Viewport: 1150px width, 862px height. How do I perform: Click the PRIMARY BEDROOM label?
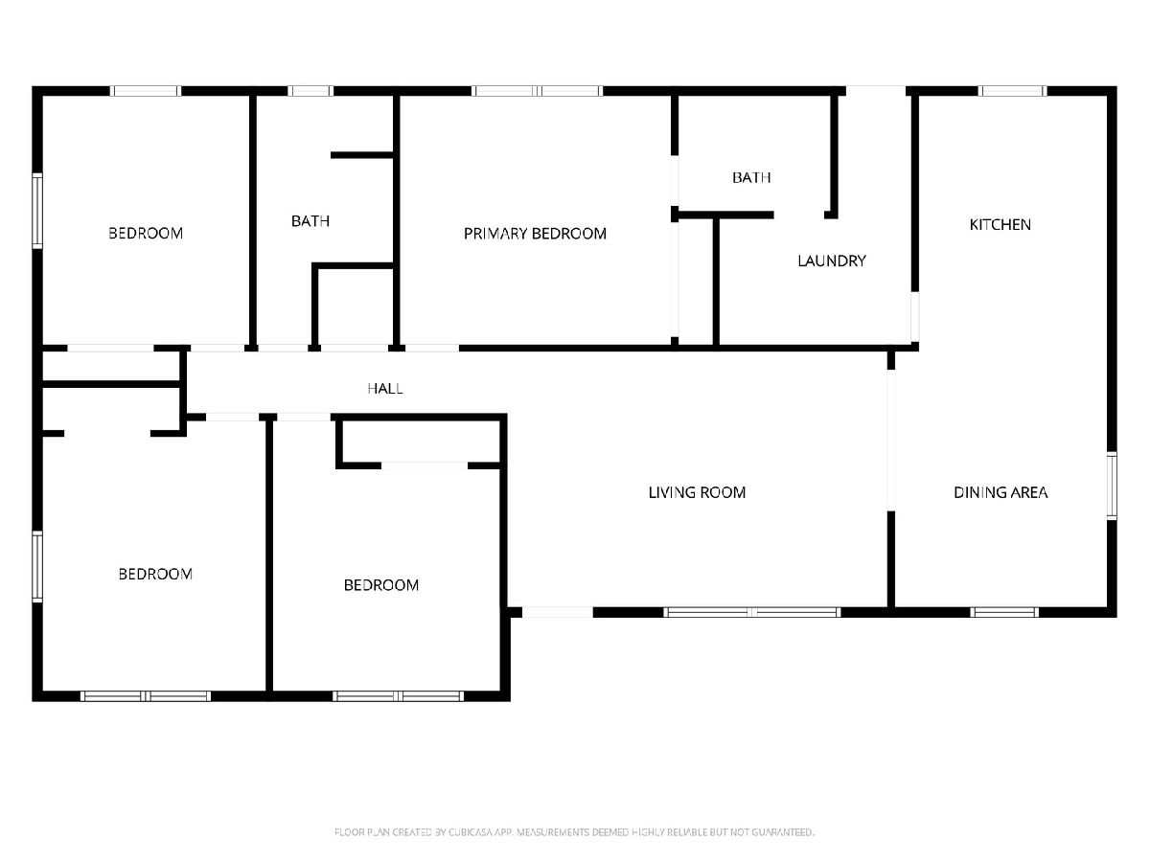(535, 234)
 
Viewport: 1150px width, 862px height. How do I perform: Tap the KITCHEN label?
(1000, 224)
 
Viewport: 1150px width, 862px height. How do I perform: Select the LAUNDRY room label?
(832, 261)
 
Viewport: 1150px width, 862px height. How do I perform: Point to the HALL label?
(385, 388)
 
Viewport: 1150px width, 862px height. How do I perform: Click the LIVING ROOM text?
(697, 492)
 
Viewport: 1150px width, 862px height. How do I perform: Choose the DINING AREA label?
(1000, 492)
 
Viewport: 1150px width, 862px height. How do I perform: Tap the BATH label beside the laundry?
(751, 177)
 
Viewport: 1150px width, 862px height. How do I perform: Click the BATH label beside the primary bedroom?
(310, 221)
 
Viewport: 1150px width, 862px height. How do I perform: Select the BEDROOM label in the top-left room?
(146, 234)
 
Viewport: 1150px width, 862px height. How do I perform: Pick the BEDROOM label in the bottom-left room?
(155, 574)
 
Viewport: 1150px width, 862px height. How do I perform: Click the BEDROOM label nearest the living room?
(381, 585)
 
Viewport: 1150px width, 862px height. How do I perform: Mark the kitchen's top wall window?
(1012, 91)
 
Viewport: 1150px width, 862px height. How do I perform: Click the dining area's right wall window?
(1112, 486)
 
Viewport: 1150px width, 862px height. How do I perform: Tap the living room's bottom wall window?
(752, 612)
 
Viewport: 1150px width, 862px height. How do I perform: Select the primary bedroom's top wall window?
(537, 91)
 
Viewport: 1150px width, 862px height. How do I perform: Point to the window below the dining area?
(1004, 612)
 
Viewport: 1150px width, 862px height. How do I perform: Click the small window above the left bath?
(310, 91)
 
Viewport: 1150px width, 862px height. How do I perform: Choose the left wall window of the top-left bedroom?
(37, 211)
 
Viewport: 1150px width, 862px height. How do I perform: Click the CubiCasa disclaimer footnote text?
(574, 831)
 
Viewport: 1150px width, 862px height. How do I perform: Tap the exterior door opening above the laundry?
(876, 91)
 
